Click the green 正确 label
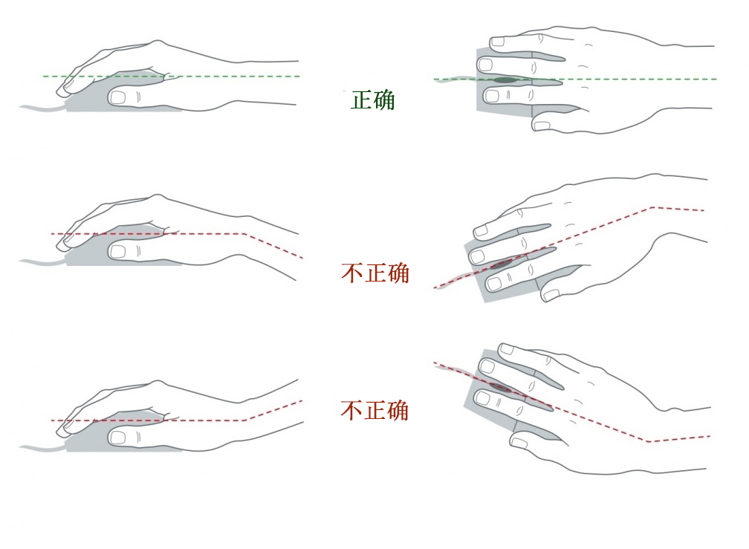[x=372, y=100]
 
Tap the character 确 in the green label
[x=384, y=100]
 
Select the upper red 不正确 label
[x=375, y=273]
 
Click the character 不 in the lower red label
[x=351, y=411]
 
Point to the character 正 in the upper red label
[x=375, y=273]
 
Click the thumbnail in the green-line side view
[x=117, y=98]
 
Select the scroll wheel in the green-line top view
[x=505, y=79]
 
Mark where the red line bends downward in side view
[x=244, y=233]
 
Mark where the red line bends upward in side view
[x=244, y=420]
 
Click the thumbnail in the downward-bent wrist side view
[x=117, y=252]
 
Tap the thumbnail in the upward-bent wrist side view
[x=117, y=438]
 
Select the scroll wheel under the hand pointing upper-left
[x=501, y=387]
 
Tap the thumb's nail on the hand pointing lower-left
[x=551, y=295]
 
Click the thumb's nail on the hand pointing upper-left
[x=519, y=444]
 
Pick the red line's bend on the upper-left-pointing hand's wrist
[x=649, y=441]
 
